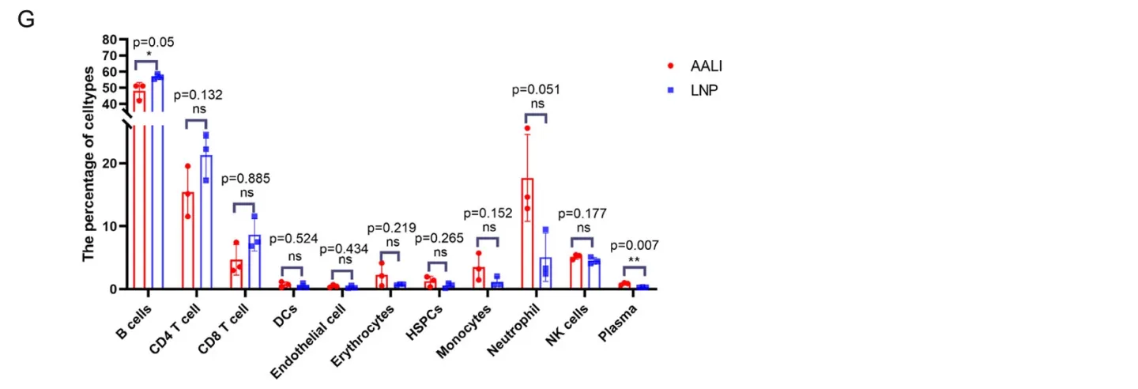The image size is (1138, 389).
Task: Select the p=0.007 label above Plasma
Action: [x=635, y=245]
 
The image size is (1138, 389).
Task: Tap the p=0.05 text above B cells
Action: [x=153, y=42]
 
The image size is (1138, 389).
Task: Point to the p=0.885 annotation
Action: [x=246, y=179]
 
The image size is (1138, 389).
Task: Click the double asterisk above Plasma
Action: [x=635, y=259]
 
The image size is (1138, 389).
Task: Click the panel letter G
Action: [x=25, y=21]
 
